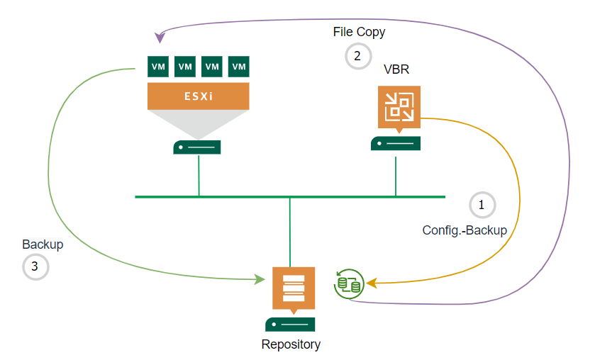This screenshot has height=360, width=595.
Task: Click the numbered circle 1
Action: [x=482, y=206]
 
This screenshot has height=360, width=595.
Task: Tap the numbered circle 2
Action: [x=357, y=56]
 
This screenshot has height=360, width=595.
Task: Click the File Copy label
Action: [x=359, y=33]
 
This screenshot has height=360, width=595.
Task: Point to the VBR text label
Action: [x=396, y=69]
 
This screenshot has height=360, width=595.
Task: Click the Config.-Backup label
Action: [x=465, y=230]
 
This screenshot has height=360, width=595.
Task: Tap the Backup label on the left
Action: [x=43, y=244]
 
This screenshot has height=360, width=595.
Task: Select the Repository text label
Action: [x=291, y=345]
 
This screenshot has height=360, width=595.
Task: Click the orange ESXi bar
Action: [x=199, y=96]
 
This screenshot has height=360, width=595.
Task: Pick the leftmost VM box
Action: [x=158, y=67]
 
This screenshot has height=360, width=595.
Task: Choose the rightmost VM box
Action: [x=240, y=67]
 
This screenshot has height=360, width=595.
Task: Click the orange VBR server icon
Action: [x=399, y=106]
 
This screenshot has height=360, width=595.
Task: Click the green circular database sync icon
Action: [x=349, y=283]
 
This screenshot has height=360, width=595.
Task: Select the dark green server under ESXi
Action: [x=197, y=147]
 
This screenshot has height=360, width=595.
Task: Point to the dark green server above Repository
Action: [x=290, y=325]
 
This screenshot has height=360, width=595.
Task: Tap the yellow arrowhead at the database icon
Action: [x=369, y=283]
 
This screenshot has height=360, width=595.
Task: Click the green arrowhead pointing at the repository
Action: [x=259, y=281]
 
